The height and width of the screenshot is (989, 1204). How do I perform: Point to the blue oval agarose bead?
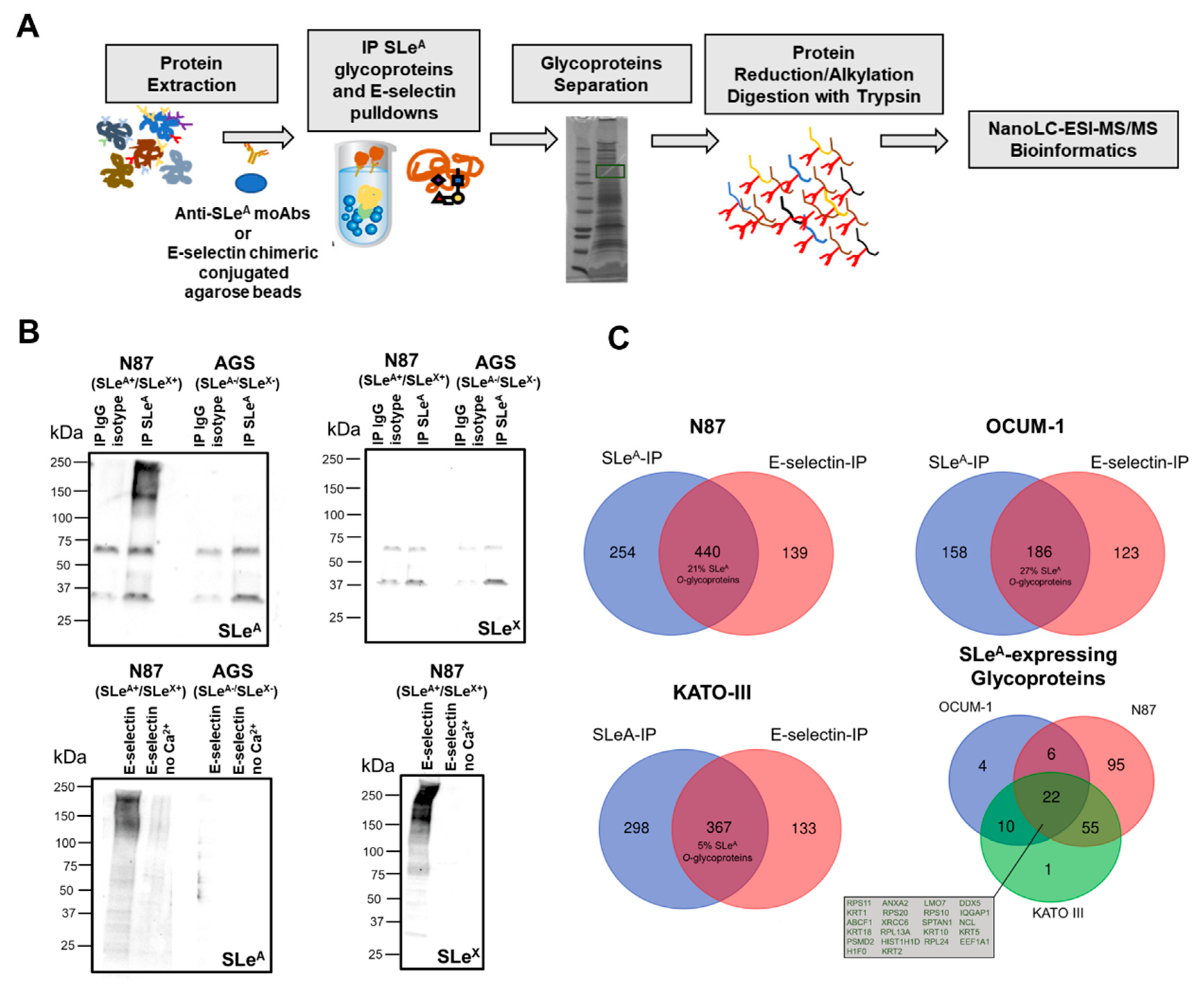(251, 183)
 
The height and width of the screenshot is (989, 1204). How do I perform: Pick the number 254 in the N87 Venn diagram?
(622, 552)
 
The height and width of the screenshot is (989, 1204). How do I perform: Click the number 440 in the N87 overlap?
(707, 551)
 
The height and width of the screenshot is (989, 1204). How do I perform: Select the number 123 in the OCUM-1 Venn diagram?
(1126, 553)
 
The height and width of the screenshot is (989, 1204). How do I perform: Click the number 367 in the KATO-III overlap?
(718, 827)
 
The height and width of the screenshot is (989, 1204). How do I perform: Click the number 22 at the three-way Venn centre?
(1051, 797)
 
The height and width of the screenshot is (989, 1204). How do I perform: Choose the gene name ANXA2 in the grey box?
(895, 903)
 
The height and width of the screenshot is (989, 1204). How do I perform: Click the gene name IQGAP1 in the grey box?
(975, 912)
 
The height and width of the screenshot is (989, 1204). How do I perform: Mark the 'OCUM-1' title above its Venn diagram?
(1025, 426)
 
